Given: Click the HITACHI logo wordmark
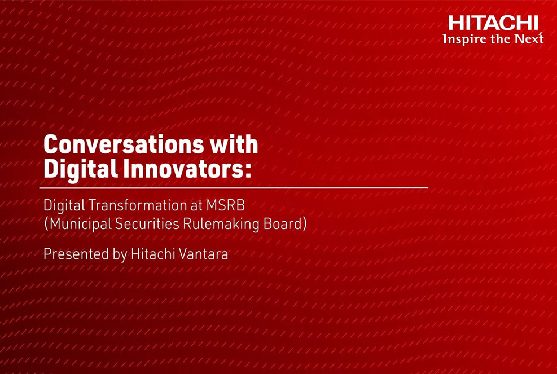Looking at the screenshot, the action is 493,23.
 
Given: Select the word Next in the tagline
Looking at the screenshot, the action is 529,38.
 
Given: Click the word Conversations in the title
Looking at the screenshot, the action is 123,144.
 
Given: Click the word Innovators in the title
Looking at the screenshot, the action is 181,169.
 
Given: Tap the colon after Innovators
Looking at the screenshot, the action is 247,171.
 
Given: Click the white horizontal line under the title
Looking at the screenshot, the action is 234,187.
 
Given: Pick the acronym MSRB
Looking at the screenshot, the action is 225,205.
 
